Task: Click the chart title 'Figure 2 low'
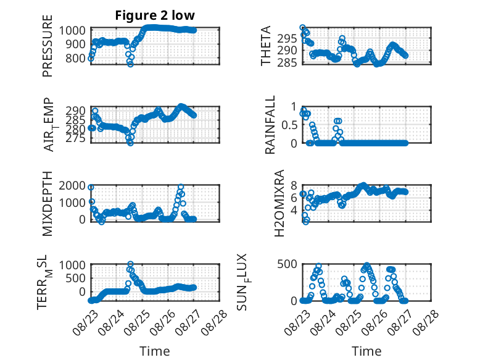pyautogui.click(x=155, y=15)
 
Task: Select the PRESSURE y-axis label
pyautogui.click(x=48, y=46)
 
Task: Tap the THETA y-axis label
pyautogui.click(x=266, y=46)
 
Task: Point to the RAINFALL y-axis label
pyautogui.click(x=270, y=125)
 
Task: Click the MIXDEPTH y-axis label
pyautogui.click(x=48, y=204)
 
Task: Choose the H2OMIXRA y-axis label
pyautogui.click(x=279, y=203)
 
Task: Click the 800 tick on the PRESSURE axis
pyautogui.click(x=75, y=58)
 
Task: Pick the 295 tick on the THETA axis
pyautogui.click(x=287, y=39)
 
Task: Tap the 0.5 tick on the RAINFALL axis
pyautogui.click(x=288, y=125)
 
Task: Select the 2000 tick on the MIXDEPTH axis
pyautogui.click(x=72, y=186)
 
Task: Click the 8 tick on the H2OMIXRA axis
pyautogui.click(x=294, y=185)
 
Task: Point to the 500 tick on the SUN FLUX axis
pyautogui.click(x=287, y=264)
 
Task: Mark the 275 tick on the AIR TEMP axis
pyautogui.click(x=75, y=138)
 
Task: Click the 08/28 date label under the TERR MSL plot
pyautogui.click(x=214, y=322)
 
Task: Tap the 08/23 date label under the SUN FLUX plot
pyautogui.click(x=297, y=322)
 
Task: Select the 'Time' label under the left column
pyautogui.click(x=155, y=351)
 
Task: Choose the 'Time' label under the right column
pyautogui.click(x=366, y=351)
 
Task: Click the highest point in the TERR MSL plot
pyautogui.click(x=130, y=264)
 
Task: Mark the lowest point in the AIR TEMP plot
pyautogui.click(x=130, y=143)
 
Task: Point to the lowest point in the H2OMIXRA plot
pyautogui.click(x=305, y=222)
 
